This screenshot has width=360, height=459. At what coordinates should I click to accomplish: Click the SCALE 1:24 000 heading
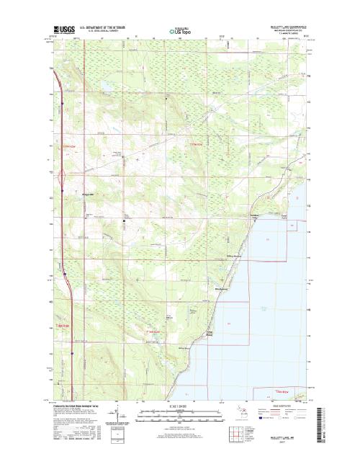point(180,406)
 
